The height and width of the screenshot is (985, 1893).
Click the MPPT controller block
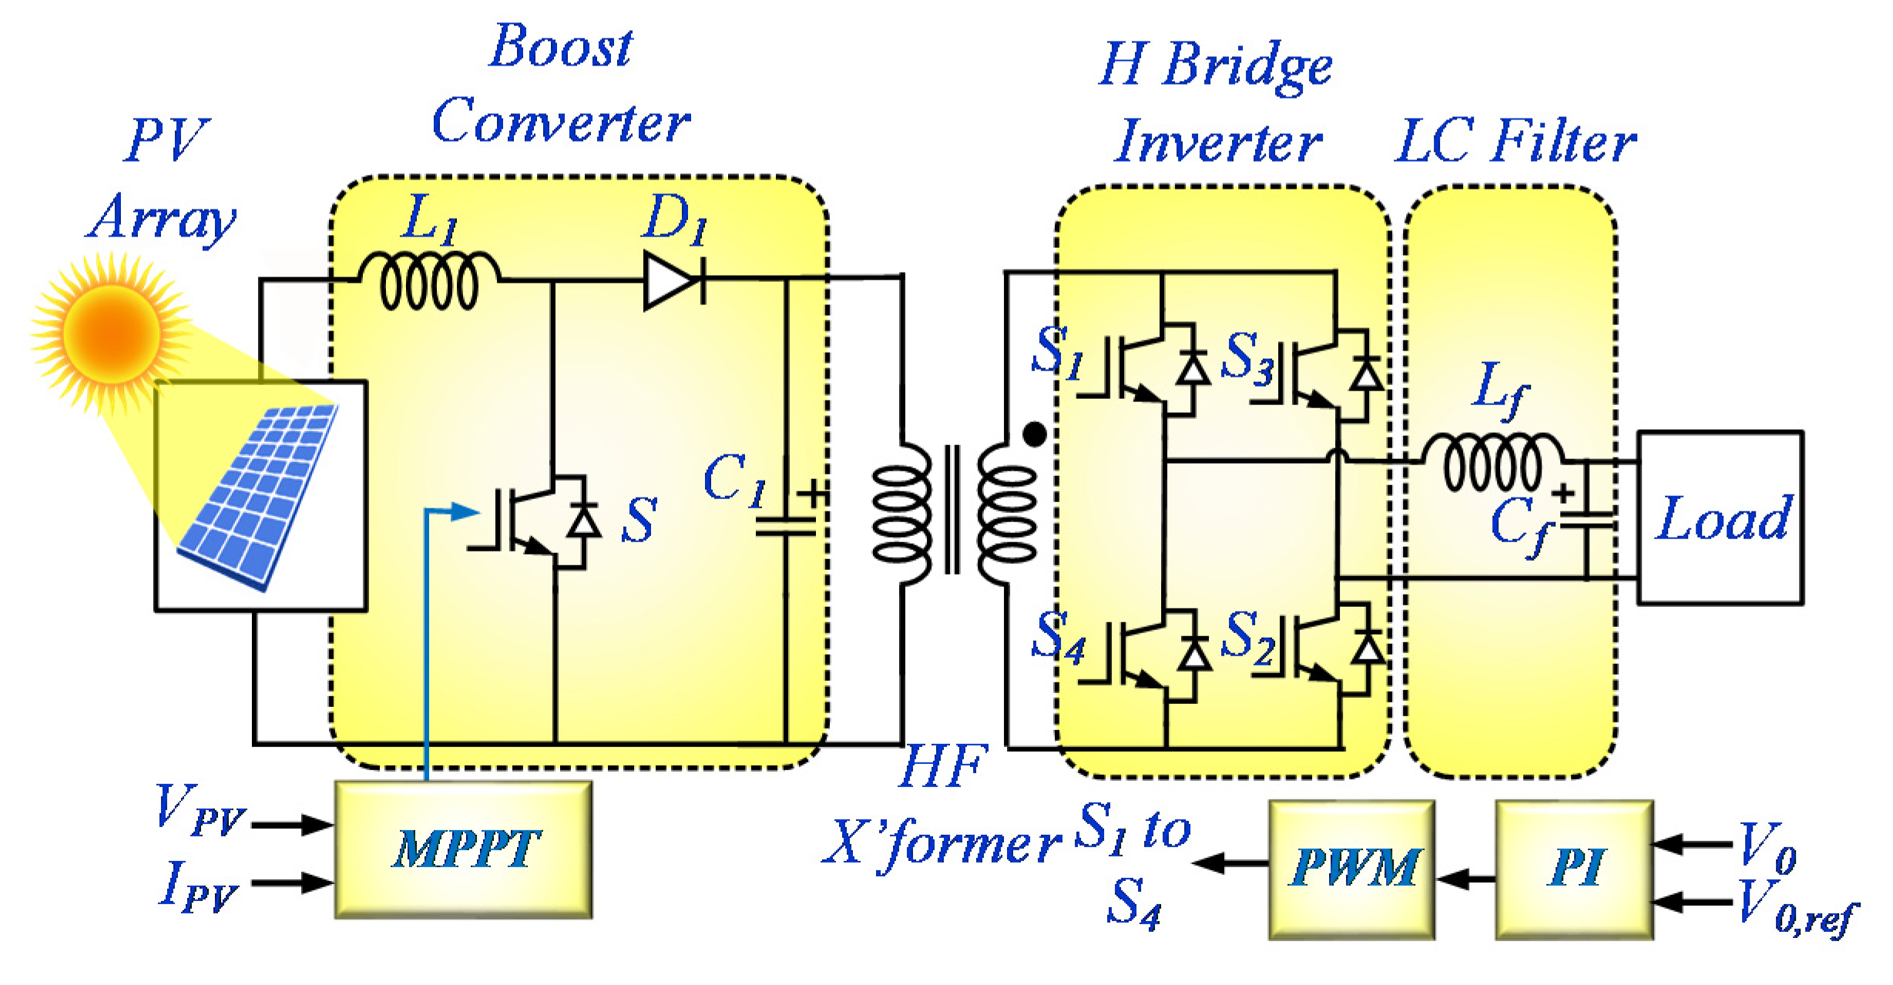(463, 849)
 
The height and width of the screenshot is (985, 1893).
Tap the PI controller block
(1574, 869)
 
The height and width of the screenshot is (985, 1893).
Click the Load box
(1720, 517)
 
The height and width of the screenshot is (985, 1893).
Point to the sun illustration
(112, 333)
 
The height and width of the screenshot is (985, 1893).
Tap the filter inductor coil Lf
(1492, 462)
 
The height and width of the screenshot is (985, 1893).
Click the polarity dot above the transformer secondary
(1034, 435)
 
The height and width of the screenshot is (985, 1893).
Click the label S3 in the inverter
(1248, 358)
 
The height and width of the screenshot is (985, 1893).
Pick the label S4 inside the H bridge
(1059, 637)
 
